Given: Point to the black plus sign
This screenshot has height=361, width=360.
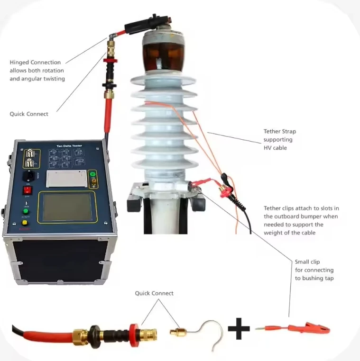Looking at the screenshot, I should point(239,328).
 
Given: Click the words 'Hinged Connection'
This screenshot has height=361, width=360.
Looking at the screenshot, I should point(35,63).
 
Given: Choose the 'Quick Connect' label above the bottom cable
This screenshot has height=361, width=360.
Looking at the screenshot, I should point(154,293).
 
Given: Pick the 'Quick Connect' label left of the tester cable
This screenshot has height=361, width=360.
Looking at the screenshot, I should point(29,114).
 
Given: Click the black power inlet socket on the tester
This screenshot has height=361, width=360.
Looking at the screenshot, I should point(29,176).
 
